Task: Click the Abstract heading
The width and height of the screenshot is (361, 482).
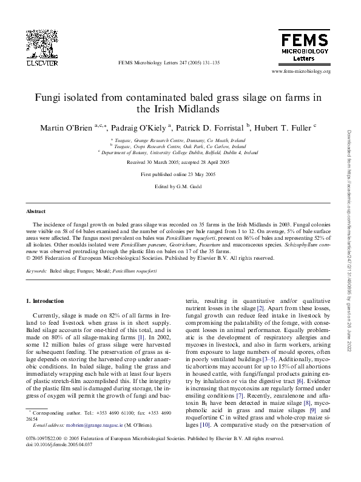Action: [x=36, y=211]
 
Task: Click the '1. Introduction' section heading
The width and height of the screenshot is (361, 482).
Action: [x=47, y=300]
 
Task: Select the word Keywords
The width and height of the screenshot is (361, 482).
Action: [x=37, y=271]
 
